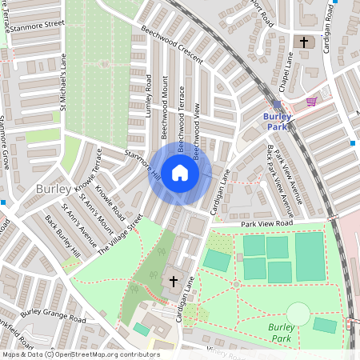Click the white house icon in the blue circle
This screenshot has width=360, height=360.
click(x=180, y=173)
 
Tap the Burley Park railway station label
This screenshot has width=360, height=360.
click(x=277, y=121)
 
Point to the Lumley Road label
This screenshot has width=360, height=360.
click(x=149, y=96)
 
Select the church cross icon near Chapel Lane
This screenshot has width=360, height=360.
click(x=304, y=42)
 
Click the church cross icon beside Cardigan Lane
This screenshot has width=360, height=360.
click(x=174, y=281)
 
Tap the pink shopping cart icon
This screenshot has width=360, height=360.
click(x=311, y=102)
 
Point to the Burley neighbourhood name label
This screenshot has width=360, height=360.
click(x=53, y=189)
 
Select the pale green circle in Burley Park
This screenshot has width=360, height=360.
click(x=298, y=314)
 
